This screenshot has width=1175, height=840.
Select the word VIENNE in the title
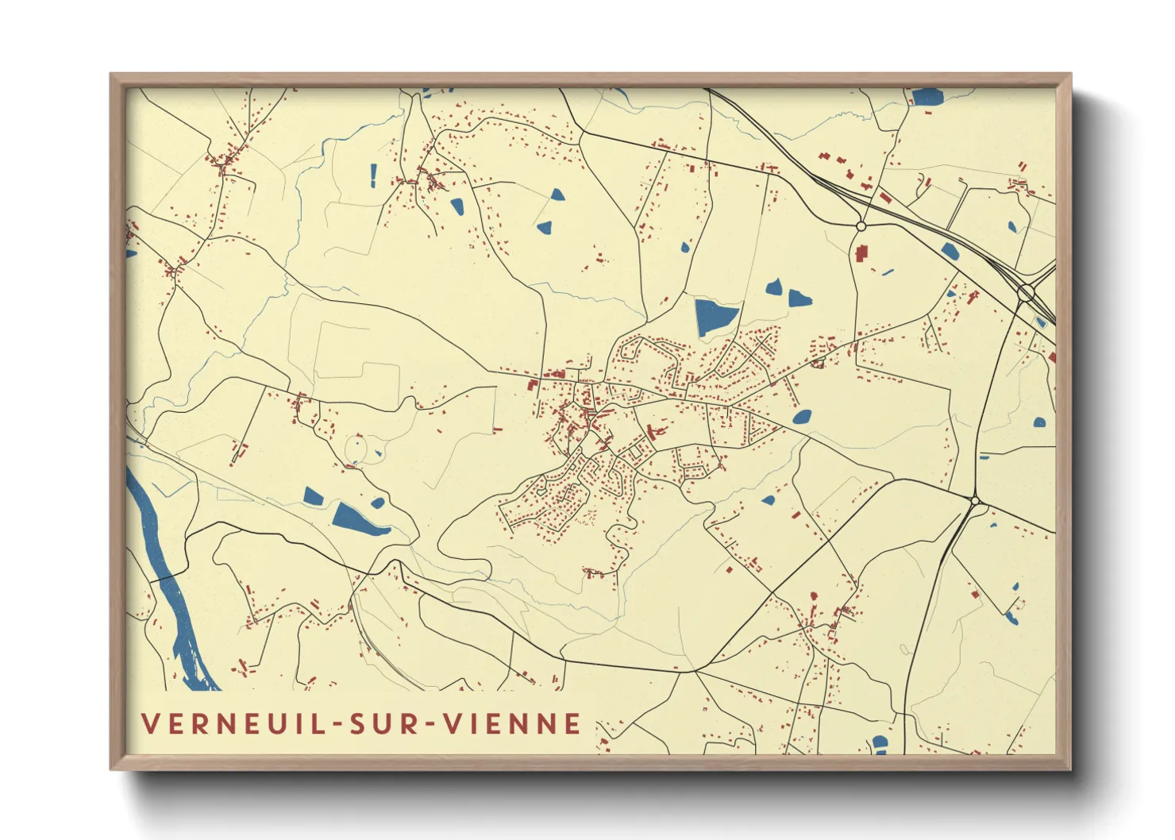coord(511,723)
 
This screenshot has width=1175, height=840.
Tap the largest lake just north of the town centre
coord(715,316)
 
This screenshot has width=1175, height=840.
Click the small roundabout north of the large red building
coord(861,226)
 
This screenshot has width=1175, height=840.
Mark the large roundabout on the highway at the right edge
coord(1026,293)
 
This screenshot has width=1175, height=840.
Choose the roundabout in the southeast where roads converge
coord(975,500)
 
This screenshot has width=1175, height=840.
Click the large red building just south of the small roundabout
coord(861,254)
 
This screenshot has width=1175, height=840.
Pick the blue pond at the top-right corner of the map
coord(927,98)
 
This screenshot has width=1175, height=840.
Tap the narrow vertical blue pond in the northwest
coord(373,175)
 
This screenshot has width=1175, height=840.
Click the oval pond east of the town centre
coord(802,417)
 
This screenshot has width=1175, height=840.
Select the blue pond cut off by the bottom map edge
coord(879,743)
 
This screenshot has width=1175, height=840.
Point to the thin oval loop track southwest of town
coord(356,449)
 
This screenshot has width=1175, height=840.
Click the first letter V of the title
coord(148,723)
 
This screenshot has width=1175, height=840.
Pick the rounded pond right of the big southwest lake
coord(378,503)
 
